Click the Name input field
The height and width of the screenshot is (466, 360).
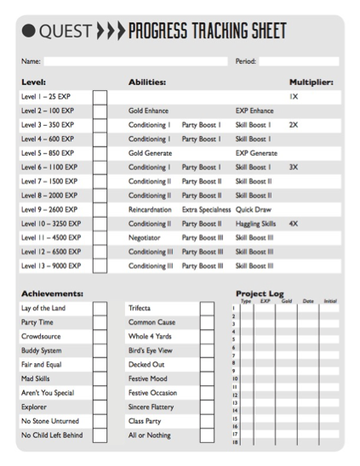(135, 61)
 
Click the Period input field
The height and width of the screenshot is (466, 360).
(299, 61)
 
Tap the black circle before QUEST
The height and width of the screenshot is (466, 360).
(27, 32)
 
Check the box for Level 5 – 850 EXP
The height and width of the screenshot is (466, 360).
(100, 153)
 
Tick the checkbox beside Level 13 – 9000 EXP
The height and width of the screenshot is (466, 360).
(100, 265)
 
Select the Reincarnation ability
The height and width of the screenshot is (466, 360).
(149, 209)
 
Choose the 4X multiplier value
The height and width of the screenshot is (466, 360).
(294, 224)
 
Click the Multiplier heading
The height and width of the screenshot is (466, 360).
(311, 82)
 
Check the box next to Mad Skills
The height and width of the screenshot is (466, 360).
(100, 378)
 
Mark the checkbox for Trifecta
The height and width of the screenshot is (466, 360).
(207, 308)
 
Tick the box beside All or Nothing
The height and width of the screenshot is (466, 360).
(207, 435)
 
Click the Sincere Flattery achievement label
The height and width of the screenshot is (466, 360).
(149, 407)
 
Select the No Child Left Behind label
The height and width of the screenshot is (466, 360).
(52, 435)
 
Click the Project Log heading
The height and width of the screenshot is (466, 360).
(260, 293)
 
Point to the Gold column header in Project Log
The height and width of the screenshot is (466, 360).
(287, 301)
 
